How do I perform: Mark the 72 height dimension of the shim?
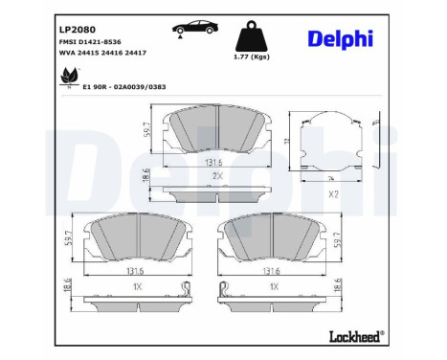pos(288,141)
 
